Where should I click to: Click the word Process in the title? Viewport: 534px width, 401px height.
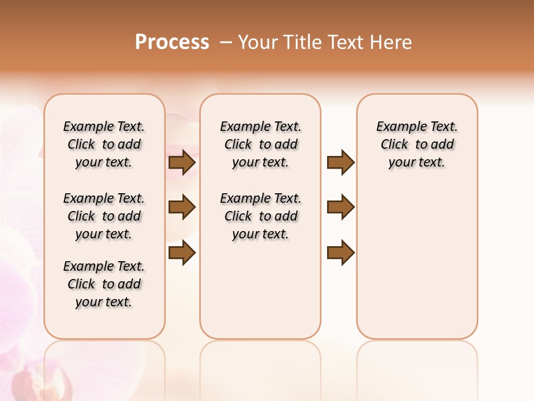point(172,42)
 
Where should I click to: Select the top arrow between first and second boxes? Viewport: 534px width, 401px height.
point(182,163)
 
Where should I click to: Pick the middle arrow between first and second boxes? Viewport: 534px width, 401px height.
point(182,207)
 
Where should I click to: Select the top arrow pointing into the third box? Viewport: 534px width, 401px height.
point(340,163)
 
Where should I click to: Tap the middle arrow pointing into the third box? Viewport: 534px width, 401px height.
point(340,207)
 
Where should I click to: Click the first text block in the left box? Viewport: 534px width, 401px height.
point(104,144)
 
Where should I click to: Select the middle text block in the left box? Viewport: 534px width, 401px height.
point(104,216)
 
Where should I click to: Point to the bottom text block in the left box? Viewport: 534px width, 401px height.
point(104,284)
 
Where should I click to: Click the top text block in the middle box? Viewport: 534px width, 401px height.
point(260,144)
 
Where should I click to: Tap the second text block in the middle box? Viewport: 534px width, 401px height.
point(260,216)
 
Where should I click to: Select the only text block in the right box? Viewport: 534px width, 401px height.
point(417,144)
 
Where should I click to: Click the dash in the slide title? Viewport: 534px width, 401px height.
point(226,42)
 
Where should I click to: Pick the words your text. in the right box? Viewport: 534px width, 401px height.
point(417,163)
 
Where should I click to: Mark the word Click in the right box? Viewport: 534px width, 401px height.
point(394,145)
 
